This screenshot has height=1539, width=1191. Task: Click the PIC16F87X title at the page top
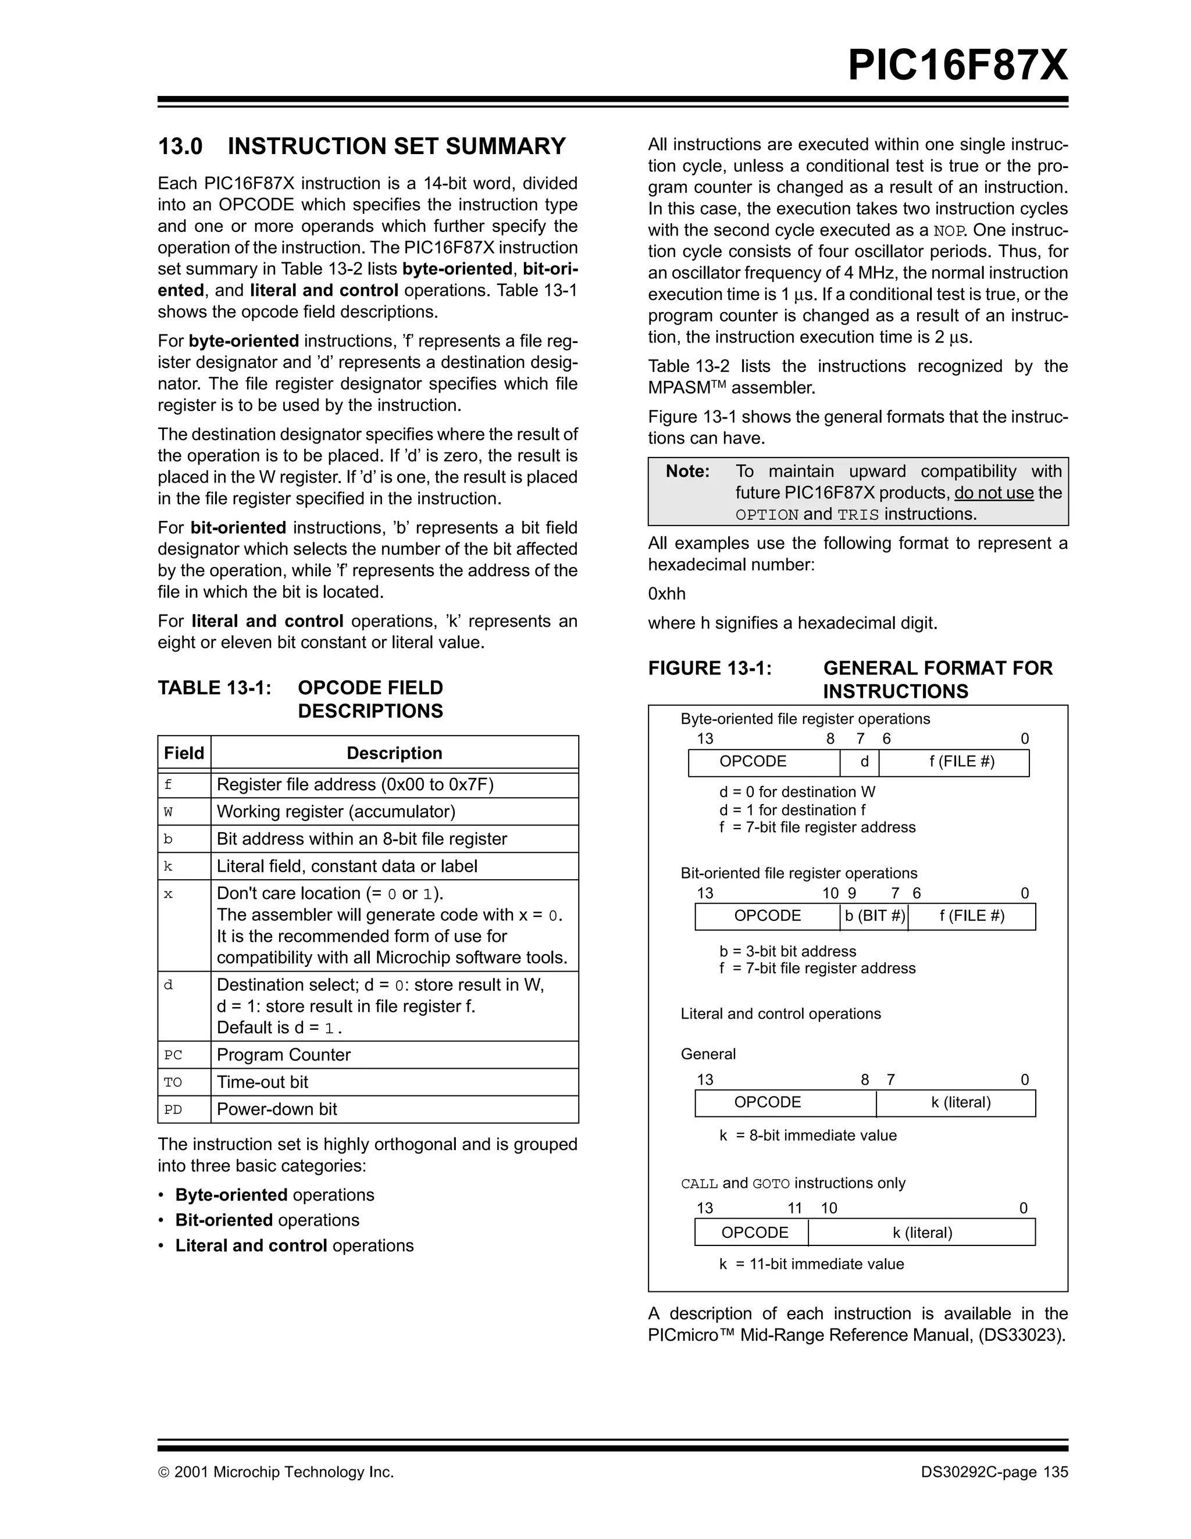click(x=957, y=66)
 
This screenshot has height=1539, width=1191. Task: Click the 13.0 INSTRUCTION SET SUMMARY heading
click(x=362, y=146)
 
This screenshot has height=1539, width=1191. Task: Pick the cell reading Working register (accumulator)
click(x=336, y=811)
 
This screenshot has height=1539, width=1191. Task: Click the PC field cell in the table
click(x=173, y=1055)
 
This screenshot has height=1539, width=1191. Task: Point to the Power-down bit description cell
click(x=277, y=1109)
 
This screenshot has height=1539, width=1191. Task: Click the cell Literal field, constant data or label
click(x=347, y=866)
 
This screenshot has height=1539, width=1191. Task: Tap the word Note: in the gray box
click(x=687, y=472)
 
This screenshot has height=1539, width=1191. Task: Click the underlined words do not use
click(x=994, y=492)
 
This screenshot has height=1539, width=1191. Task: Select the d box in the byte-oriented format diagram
click(x=864, y=762)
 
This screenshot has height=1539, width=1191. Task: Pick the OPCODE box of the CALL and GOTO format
click(x=754, y=1233)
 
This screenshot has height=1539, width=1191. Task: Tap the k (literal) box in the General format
click(x=961, y=1102)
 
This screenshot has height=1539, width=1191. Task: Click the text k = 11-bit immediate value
click(x=811, y=1264)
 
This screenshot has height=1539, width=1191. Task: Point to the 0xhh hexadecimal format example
click(x=666, y=594)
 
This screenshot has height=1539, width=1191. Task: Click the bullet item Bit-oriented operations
click(x=267, y=1220)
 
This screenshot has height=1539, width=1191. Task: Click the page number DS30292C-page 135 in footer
click(x=994, y=1472)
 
